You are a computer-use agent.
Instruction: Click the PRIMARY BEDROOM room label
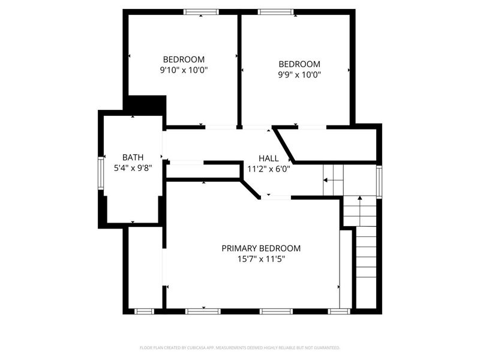click(261, 248)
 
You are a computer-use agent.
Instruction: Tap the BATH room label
click(133, 157)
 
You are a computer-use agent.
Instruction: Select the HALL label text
click(268, 158)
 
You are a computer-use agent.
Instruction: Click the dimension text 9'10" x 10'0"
click(184, 70)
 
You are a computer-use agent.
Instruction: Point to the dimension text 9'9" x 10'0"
click(299, 74)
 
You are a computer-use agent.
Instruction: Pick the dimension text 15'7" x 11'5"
click(261, 259)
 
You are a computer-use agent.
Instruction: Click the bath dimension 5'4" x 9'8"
click(133, 168)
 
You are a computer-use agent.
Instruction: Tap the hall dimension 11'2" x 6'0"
click(268, 169)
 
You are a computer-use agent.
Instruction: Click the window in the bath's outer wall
click(101, 173)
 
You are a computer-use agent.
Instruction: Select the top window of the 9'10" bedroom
click(201, 12)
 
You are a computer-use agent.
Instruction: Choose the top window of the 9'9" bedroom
click(276, 12)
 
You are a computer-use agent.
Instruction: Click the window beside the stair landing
click(379, 182)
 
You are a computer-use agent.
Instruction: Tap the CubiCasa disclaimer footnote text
click(239, 348)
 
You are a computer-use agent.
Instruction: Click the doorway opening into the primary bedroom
click(275, 197)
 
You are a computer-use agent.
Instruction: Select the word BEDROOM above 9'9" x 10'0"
click(299, 64)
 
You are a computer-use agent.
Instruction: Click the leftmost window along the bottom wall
click(144, 311)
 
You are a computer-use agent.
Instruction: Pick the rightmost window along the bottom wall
click(339, 311)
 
